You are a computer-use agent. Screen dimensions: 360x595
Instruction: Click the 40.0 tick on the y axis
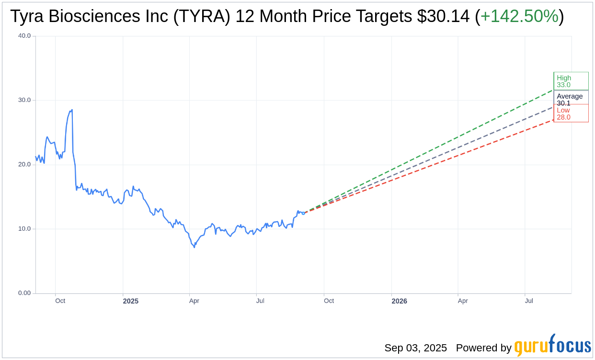coord(24,35)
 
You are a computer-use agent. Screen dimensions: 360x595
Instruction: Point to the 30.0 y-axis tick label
coord(24,100)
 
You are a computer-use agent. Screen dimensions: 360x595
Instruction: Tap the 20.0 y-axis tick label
coord(24,164)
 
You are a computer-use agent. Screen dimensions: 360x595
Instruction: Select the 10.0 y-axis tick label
coord(24,229)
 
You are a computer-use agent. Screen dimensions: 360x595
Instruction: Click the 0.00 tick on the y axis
coord(24,293)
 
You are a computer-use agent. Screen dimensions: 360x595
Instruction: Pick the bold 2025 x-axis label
coord(130,301)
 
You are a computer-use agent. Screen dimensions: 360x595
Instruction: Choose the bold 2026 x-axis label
coord(399,301)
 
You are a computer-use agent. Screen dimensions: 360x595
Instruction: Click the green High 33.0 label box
coord(571,81)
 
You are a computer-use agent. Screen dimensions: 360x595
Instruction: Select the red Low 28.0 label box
coord(571,114)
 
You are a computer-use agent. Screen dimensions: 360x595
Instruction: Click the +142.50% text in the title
coord(519,16)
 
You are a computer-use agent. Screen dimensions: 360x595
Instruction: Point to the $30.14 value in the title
coord(443,16)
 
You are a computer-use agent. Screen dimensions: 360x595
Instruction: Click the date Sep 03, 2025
coord(415,348)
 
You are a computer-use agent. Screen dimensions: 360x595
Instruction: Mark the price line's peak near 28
coord(72,110)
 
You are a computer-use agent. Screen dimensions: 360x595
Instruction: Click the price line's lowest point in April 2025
coord(194,247)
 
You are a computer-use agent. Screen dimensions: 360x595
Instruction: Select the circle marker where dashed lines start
coord(303,213)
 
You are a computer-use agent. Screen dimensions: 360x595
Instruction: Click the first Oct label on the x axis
coord(60,301)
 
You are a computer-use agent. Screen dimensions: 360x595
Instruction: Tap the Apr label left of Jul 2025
coord(194,301)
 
